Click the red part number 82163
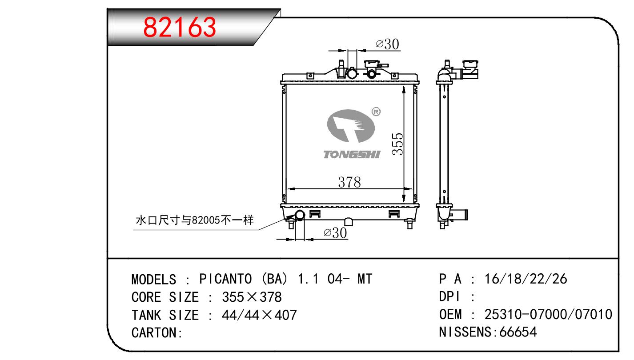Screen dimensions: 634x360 (180, 27)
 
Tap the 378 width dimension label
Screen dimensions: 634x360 (349, 182)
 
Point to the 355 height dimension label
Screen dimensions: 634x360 (397, 144)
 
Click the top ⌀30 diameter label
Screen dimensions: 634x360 (388, 44)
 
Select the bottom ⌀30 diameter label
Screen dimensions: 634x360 (335, 233)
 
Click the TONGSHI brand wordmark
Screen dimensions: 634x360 (352, 155)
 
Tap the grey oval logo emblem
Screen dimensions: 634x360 (351, 126)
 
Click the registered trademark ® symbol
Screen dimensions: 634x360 (376, 112)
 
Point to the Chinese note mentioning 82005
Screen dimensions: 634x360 (195, 220)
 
